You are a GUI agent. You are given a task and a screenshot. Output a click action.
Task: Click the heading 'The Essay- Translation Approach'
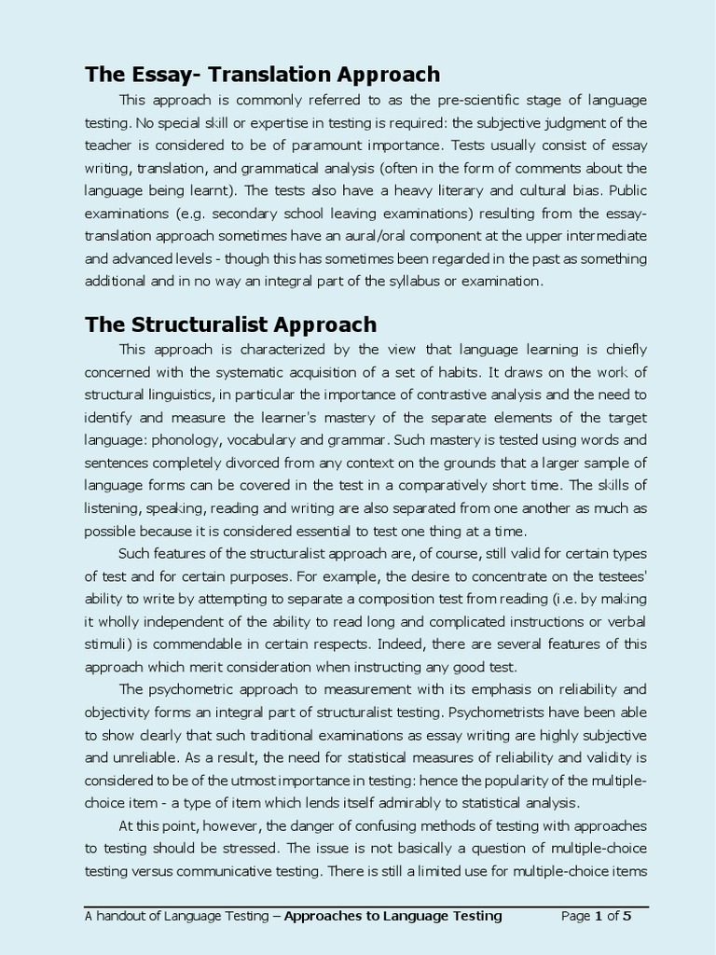(262, 75)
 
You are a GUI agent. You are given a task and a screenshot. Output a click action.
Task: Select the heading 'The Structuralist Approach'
(230, 325)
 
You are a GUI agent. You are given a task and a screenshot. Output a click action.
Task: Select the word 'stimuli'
(105, 644)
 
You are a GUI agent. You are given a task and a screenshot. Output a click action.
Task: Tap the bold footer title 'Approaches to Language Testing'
(392, 916)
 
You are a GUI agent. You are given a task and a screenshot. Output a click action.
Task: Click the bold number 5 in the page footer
(626, 916)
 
